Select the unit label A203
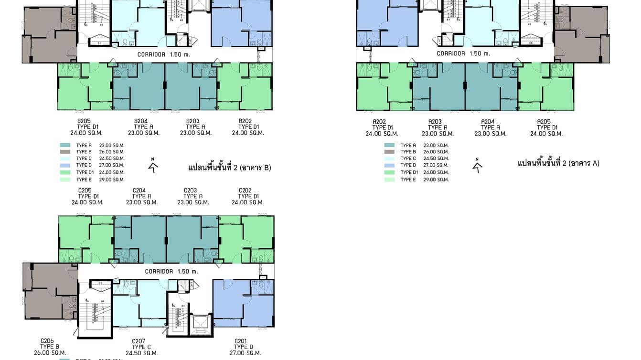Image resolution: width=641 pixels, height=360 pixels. (435, 122)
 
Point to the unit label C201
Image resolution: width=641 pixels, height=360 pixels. (241, 341)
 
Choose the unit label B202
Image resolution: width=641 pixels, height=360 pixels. (245, 121)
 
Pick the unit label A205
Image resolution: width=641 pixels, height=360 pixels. (544, 122)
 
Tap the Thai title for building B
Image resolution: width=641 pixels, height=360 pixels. (230, 168)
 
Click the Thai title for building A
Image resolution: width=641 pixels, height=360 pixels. (558, 163)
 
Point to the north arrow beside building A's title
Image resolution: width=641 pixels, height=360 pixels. (477, 165)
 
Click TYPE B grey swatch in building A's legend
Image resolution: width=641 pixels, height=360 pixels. (389, 152)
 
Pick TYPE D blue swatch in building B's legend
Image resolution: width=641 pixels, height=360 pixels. (65, 165)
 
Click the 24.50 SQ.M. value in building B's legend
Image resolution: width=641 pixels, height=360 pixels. (112, 159)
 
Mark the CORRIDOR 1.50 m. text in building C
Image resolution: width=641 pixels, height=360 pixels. (171, 272)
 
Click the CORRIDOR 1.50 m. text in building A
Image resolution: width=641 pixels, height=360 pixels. (463, 54)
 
